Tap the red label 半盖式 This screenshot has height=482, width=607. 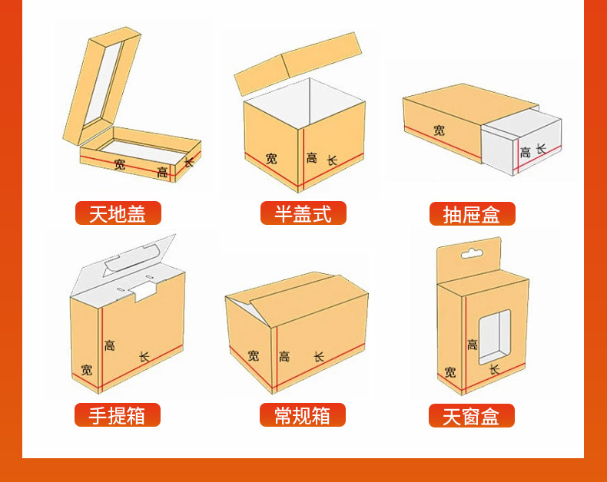pos(303,213)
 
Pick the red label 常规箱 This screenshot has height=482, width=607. pos(303,415)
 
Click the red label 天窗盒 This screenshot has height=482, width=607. pos(471,416)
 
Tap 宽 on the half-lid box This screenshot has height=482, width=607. pos(272,159)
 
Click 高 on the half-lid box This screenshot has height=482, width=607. pos(311,158)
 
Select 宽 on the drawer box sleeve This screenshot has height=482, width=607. pos(439,130)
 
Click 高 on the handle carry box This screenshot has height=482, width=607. pos(110,345)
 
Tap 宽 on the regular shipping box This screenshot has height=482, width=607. pos(254,355)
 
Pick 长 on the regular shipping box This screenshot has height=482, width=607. pos(319,357)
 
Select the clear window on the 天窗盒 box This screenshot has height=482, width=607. pos(494,336)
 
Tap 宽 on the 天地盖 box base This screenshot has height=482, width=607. pos(119,164)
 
